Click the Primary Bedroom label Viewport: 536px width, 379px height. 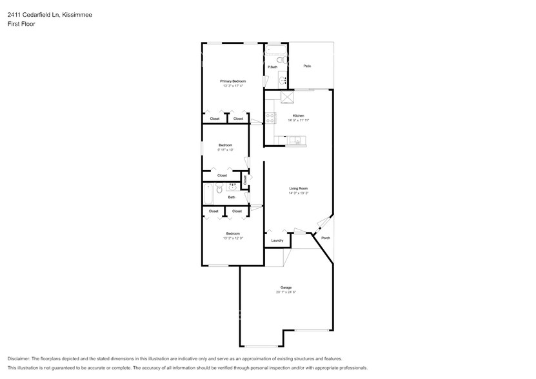[233, 81]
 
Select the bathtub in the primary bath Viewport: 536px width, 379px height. [275, 49]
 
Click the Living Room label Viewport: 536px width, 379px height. [298, 188]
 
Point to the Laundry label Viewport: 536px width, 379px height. [277, 240]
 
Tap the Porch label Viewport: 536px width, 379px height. [326, 238]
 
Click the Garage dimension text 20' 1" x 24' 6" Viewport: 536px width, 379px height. [286, 292]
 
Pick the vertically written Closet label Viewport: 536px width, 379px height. [244, 179]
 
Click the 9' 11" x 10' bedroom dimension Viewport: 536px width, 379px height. [225, 150]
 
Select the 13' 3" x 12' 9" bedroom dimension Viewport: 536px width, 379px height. [233, 238]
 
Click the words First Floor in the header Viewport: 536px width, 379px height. [21, 24]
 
